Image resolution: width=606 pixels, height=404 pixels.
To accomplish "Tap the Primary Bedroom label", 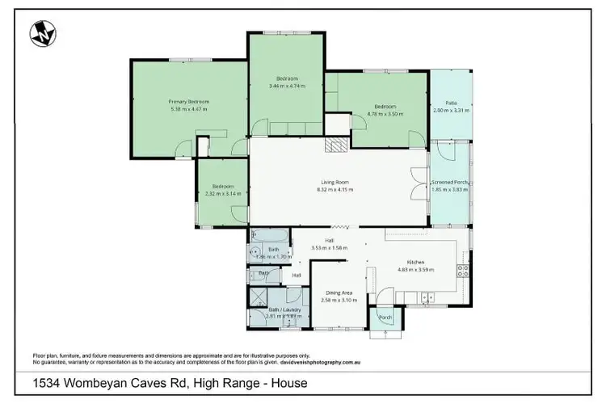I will [189, 102].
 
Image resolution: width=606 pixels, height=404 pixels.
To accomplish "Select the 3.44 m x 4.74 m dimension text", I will [288, 85].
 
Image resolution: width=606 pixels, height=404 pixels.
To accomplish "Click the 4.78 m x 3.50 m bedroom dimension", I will [385, 114].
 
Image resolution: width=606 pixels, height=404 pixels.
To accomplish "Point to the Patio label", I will [452, 103].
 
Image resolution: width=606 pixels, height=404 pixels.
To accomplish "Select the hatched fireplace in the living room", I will [334, 145].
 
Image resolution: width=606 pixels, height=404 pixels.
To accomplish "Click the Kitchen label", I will [417, 263].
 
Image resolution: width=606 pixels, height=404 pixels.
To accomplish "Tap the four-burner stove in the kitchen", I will [464, 271].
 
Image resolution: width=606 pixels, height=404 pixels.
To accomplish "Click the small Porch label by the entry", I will [385, 317].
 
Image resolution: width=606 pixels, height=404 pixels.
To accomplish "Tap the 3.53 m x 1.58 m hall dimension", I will [329, 247].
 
